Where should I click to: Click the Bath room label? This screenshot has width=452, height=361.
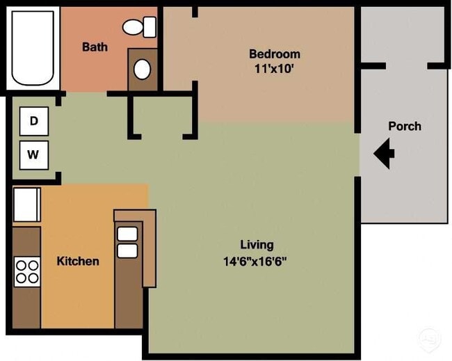click(95, 47)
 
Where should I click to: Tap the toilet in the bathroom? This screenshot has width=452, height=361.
click(141, 27)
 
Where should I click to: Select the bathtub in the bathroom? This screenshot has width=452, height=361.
click(33, 47)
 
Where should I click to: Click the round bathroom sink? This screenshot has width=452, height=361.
click(142, 69)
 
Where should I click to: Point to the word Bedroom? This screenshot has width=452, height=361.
click(275, 54)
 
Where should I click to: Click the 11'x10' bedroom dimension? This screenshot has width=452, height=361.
click(275, 69)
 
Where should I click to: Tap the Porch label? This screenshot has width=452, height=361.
click(404, 126)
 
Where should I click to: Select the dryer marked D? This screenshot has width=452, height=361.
click(33, 121)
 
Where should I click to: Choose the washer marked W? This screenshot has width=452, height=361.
click(33, 155)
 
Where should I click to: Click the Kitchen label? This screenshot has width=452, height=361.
click(77, 262)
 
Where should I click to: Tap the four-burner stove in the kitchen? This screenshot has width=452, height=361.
click(27, 271)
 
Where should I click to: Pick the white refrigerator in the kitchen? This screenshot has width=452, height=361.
click(26, 204)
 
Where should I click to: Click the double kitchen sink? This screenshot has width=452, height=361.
click(127, 242)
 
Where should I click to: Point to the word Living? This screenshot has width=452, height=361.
click(257, 245)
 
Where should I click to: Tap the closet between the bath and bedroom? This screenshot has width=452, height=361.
click(160, 115)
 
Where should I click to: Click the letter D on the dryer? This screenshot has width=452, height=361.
click(33, 121)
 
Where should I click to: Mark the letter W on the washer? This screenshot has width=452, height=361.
click(33, 155)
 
